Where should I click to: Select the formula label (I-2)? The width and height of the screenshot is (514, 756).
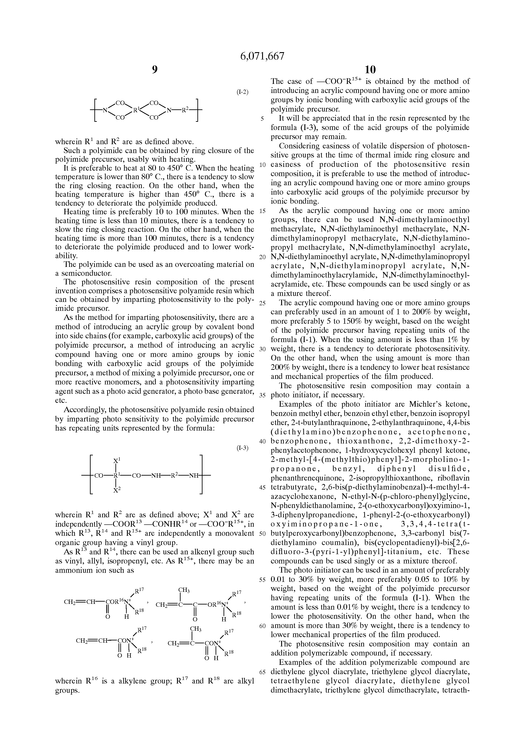242,92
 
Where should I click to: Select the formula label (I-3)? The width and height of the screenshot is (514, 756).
242,448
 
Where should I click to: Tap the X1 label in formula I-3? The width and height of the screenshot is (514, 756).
117,460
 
